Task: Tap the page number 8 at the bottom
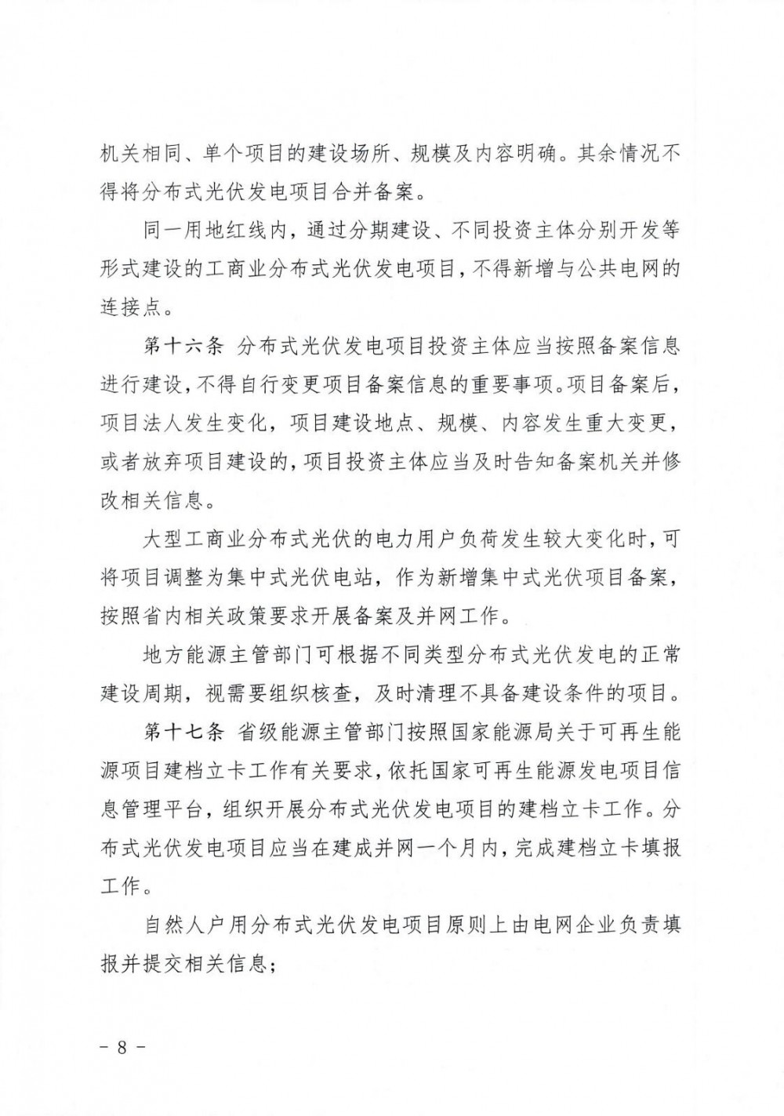pos(122,1049)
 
